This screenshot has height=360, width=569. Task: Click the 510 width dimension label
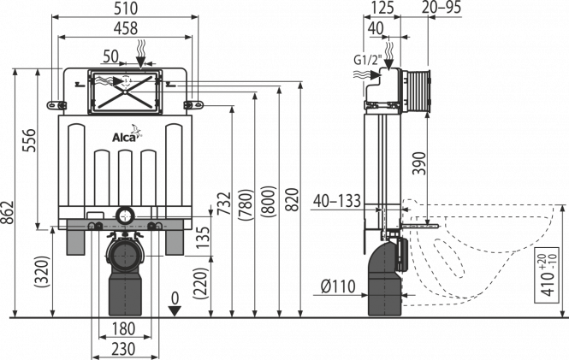(126, 9)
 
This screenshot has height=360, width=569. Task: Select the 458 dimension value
(126, 28)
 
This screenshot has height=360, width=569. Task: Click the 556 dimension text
(30, 140)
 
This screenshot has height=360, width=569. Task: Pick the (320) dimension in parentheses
(42, 272)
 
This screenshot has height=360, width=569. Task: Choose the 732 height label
(224, 204)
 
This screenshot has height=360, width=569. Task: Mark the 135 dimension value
(203, 237)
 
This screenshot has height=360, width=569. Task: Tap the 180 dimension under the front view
(124, 329)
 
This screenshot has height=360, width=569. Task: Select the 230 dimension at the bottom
(124, 349)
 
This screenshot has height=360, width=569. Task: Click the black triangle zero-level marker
(175, 311)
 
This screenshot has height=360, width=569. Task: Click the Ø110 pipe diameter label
(338, 286)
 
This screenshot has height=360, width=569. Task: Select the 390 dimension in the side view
(420, 163)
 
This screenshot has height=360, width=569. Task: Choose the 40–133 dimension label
(337, 201)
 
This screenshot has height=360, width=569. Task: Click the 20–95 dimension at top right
(442, 7)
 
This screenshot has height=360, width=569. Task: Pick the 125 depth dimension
(381, 8)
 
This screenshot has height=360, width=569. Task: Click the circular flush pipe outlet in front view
(125, 215)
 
